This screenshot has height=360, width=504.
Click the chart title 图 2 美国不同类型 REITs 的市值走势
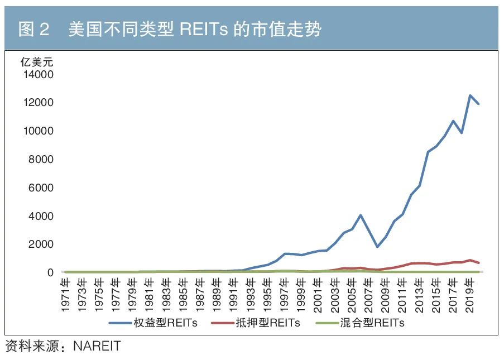pyautogui.click(x=170, y=28)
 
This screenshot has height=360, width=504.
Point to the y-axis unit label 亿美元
pyautogui.click(x=37, y=62)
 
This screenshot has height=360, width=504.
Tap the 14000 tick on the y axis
pyautogui.click(x=37, y=74)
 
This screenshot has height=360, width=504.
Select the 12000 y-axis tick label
pyautogui.click(x=37, y=103)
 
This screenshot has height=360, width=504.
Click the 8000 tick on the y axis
pyautogui.click(x=40, y=160)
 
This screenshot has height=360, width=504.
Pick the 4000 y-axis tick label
pyautogui.click(x=40, y=216)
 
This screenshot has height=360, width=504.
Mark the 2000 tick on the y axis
pyautogui.click(x=40, y=244)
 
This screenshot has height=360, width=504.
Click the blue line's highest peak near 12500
pyautogui.click(x=470, y=95)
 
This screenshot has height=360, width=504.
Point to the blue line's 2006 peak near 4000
pyautogui.click(x=361, y=215)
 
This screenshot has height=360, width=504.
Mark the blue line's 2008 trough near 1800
pyautogui.click(x=377, y=247)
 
